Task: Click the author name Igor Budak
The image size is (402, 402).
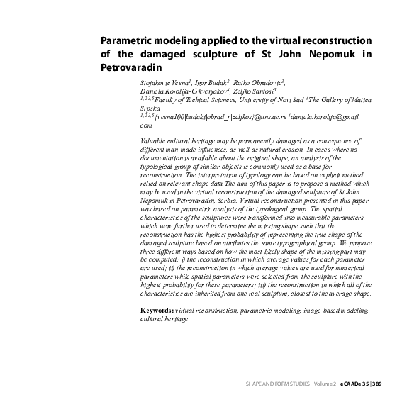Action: (204, 84)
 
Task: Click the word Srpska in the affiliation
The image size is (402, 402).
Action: (151, 110)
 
